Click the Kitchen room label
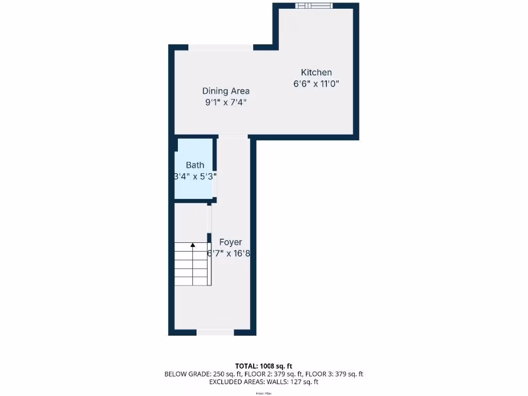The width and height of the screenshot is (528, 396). pyautogui.click(x=316, y=73)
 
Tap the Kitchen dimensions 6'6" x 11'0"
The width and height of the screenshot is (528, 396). pyautogui.click(x=316, y=84)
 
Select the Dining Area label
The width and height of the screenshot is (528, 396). pyautogui.click(x=226, y=91)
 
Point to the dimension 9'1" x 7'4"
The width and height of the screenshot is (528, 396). pyautogui.click(x=226, y=103)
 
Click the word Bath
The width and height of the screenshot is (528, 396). pyautogui.click(x=195, y=166)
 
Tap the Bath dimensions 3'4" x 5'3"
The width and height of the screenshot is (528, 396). pyautogui.click(x=195, y=176)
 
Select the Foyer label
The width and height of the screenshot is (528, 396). pyautogui.click(x=230, y=242)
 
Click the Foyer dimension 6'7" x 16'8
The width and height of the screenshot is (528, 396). pyautogui.click(x=228, y=254)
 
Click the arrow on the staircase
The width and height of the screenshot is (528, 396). pyautogui.click(x=193, y=246)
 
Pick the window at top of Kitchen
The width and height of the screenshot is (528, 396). pyautogui.click(x=314, y=6)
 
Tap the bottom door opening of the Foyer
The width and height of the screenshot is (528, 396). pyautogui.click(x=216, y=333)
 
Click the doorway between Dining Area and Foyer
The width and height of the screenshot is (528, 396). pyautogui.click(x=233, y=137)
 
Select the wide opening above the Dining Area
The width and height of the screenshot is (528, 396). pyautogui.click(x=221, y=47)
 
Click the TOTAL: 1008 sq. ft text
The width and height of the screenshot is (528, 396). pyautogui.click(x=263, y=366)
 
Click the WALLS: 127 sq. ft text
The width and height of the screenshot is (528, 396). pyautogui.click(x=292, y=382)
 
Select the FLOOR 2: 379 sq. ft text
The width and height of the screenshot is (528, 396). pyautogui.click(x=268, y=374)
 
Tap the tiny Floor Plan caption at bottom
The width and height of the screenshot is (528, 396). pyautogui.click(x=263, y=393)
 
